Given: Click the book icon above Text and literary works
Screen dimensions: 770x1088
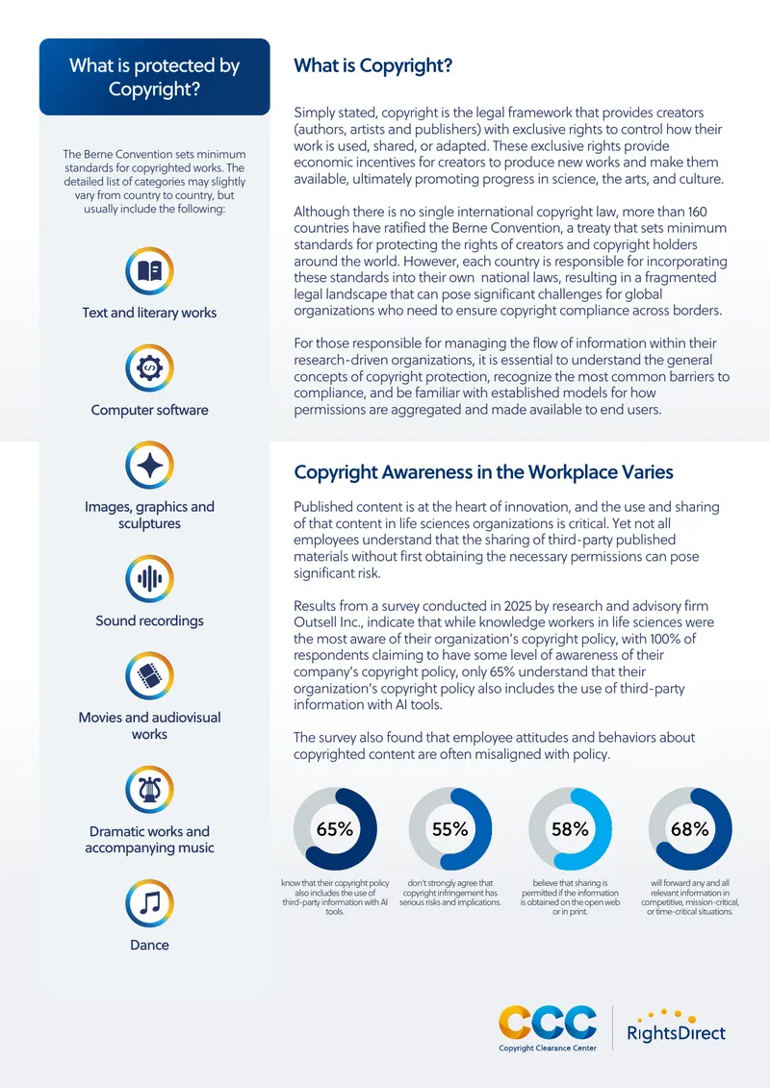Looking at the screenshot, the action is click(x=149, y=270).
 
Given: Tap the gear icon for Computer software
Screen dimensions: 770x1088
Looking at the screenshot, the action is click(x=149, y=367).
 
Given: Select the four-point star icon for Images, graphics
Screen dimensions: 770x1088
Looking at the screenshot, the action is click(x=149, y=465).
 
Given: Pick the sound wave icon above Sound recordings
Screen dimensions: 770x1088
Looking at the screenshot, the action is click(x=149, y=579).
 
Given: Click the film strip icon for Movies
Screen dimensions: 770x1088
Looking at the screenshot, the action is click(x=149, y=676).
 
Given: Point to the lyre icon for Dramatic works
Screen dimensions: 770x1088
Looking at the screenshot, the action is click(x=149, y=790).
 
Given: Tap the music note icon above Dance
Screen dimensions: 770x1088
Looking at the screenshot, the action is click(x=149, y=903).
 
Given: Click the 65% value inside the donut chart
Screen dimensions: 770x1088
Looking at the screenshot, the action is click(x=335, y=829).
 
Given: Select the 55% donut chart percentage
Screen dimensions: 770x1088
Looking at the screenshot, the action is click(x=449, y=829).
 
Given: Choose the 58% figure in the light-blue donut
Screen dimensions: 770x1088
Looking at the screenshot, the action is click(x=570, y=829).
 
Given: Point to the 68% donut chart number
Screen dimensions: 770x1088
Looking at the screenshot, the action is click(x=690, y=829).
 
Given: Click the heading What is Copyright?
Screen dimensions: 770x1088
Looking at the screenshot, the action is click(x=372, y=66).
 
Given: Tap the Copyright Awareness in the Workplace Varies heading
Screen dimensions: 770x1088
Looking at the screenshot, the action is click(x=483, y=472).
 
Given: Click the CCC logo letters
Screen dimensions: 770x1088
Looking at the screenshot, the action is click(x=548, y=1023).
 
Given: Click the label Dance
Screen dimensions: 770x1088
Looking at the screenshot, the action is click(x=149, y=945).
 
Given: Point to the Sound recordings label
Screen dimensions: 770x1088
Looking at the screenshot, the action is click(x=149, y=621).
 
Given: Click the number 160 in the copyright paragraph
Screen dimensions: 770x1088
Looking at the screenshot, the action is click(x=697, y=212).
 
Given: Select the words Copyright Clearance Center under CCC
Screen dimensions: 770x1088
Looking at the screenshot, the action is click(x=548, y=1048).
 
